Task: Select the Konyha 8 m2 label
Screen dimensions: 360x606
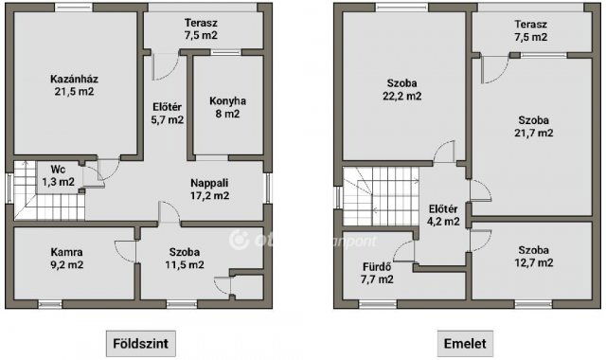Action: pos(227,106)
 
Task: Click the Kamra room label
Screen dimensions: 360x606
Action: pos(67,258)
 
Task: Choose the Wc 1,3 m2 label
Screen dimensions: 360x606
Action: pos(58,175)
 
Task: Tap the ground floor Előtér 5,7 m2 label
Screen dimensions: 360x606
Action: pos(168,113)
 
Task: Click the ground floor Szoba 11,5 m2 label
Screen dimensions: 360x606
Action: pos(186,258)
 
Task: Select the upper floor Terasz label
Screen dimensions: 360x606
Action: pos(531,30)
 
